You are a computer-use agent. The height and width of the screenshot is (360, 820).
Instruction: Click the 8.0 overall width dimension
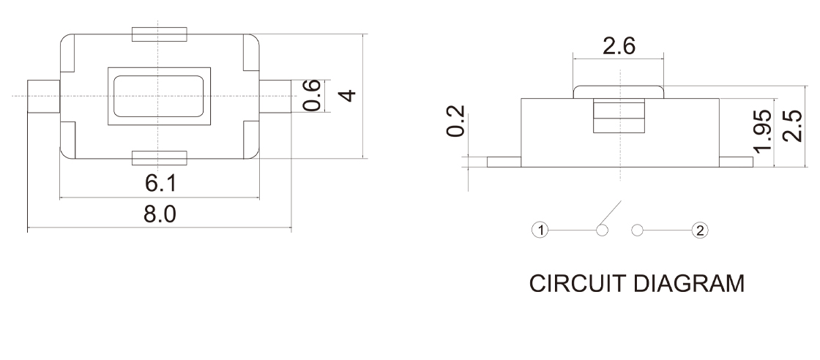point(159,216)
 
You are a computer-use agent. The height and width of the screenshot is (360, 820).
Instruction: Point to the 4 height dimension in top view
point(349,95)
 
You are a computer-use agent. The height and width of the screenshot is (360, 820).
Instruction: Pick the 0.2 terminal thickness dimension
point(455,120)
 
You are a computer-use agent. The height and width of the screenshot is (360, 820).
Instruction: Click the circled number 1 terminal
point(540,231)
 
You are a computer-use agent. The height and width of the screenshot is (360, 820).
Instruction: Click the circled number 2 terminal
point(700,231)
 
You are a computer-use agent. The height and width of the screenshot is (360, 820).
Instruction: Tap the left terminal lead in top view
point(42,96)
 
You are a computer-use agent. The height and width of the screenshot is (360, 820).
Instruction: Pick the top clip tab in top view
point(159,34)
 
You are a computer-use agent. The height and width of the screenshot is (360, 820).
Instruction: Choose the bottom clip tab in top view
point(159,157)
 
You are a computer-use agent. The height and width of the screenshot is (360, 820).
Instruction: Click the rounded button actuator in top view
point(159,95)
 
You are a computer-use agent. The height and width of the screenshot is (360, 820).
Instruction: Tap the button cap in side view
point(619,91)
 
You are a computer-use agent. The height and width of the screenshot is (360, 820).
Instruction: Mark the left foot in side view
point(503,162)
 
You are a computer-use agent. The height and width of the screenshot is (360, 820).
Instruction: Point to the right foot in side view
point(735,162)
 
